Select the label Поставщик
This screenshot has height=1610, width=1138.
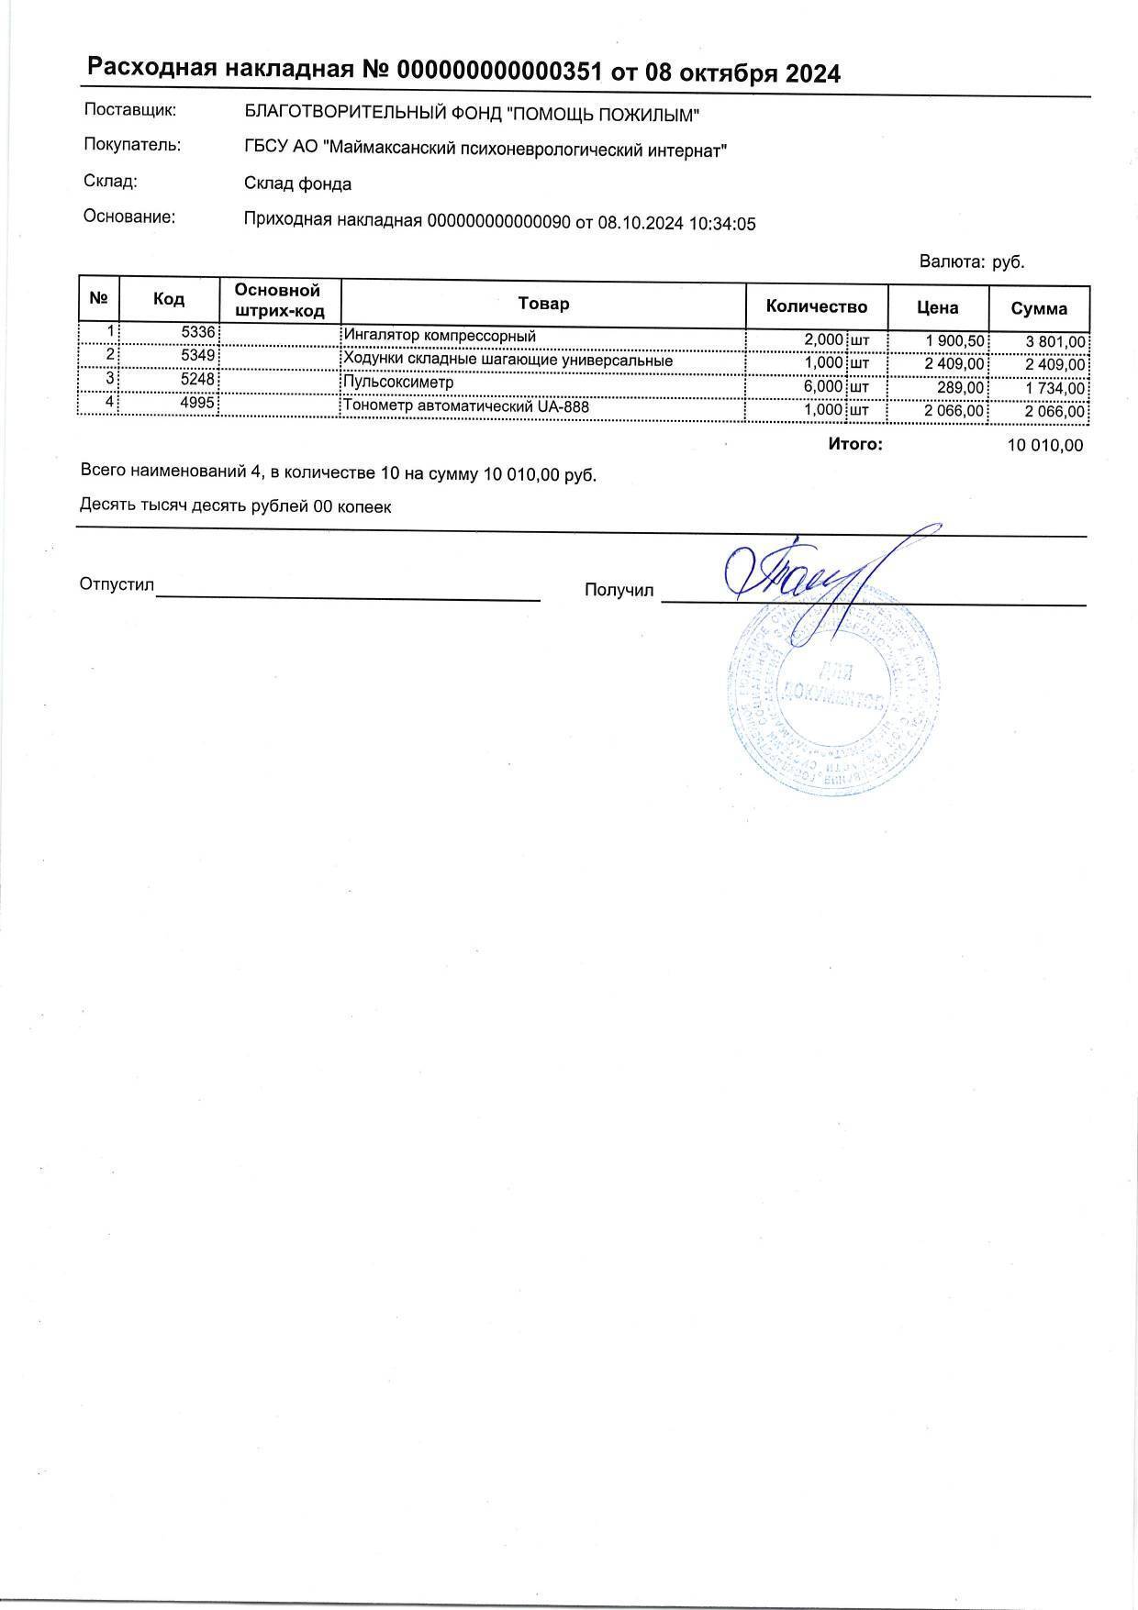tap(129, 110)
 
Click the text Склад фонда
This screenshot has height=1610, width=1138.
tap(297, 184)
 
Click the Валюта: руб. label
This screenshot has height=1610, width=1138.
tap(971, 261)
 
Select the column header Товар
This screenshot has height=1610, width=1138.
tap(543, 304)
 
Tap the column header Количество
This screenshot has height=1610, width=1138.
tap(816, 306)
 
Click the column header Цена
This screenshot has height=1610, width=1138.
tap(937, 307)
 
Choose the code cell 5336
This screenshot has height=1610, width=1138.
tap(198, 333)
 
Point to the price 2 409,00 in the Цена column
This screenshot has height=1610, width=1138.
tap(954, 364)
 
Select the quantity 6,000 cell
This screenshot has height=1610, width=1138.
tap(822, 387)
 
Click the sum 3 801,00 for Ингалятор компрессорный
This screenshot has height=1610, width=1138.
tap(1055, 342)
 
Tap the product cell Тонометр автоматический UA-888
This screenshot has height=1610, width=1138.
tap(465, 406)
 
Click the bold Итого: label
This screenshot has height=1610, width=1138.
tap(854, 444)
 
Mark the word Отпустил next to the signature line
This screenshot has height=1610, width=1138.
tap(117, 584)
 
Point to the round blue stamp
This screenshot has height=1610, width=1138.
tap(831, 702)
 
